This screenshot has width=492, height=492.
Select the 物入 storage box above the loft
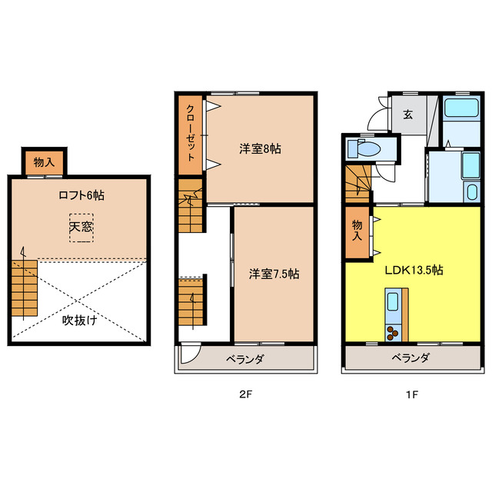coord(43,162)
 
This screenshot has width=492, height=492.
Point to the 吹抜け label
coord(79,320)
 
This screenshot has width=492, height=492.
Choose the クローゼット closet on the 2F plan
coord(189,132)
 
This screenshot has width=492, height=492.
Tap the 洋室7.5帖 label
coord(274,274)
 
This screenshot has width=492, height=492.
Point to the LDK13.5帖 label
coord(414,270)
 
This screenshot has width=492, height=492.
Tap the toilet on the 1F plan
coord(364,148)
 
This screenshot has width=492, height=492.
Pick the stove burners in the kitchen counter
coord(393,332)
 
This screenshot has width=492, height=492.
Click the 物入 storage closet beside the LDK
coord(357,231)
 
